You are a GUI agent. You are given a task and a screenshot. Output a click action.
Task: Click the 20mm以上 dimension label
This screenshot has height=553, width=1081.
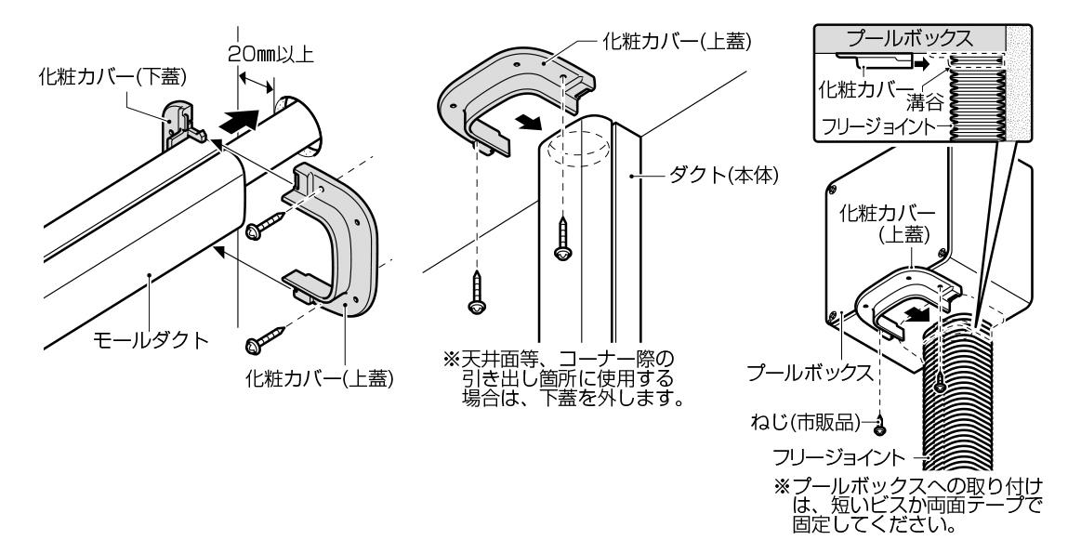point(270,55)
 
